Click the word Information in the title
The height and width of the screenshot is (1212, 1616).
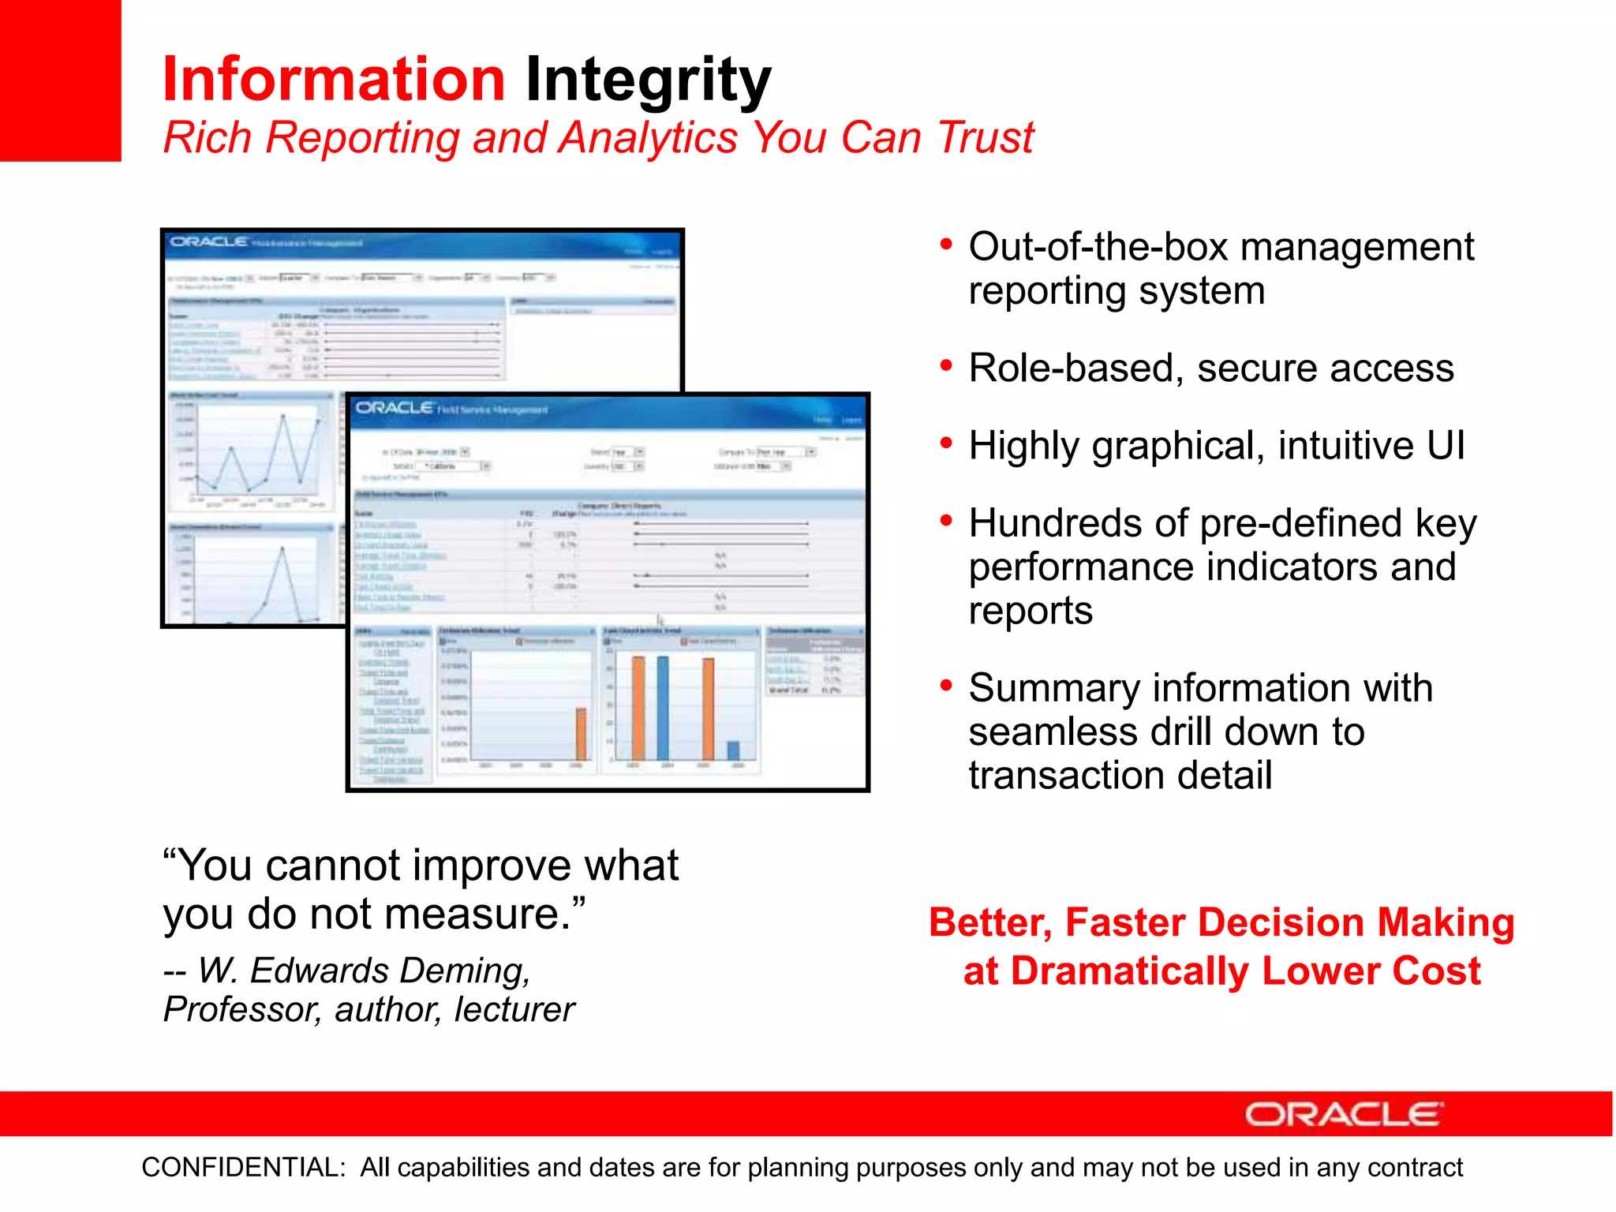[333, 80]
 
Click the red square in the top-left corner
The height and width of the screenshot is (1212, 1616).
[60, 80]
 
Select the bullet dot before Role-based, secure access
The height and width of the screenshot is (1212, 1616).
[946, 365]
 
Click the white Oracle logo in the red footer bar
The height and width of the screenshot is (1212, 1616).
[1344, 1114]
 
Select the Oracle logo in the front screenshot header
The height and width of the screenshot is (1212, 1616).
[395, 408]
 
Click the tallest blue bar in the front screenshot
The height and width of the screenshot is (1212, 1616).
[663, 708]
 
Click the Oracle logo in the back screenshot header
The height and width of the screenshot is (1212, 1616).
[209, 241]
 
